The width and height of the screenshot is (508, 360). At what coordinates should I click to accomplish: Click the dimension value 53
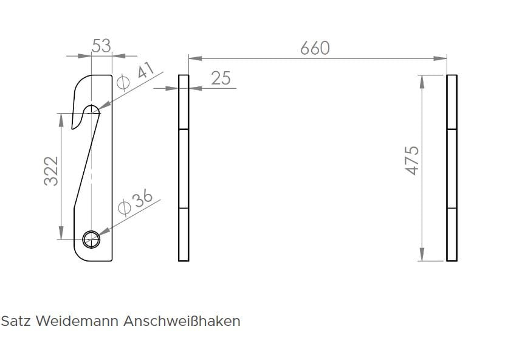point(101,46)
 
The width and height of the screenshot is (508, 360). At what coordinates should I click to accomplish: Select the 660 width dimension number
point(315,48)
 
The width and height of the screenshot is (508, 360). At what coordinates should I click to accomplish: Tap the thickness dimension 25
point(221,78)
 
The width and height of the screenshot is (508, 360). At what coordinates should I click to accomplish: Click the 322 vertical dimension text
point(52,171)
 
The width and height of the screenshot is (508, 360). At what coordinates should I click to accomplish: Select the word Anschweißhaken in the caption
point(182,321)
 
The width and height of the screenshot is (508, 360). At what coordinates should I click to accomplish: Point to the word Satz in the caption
point(14,321)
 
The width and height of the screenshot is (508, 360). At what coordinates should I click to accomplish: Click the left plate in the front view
point(184,168)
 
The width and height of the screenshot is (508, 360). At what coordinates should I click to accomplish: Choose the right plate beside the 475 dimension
point(451,168)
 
